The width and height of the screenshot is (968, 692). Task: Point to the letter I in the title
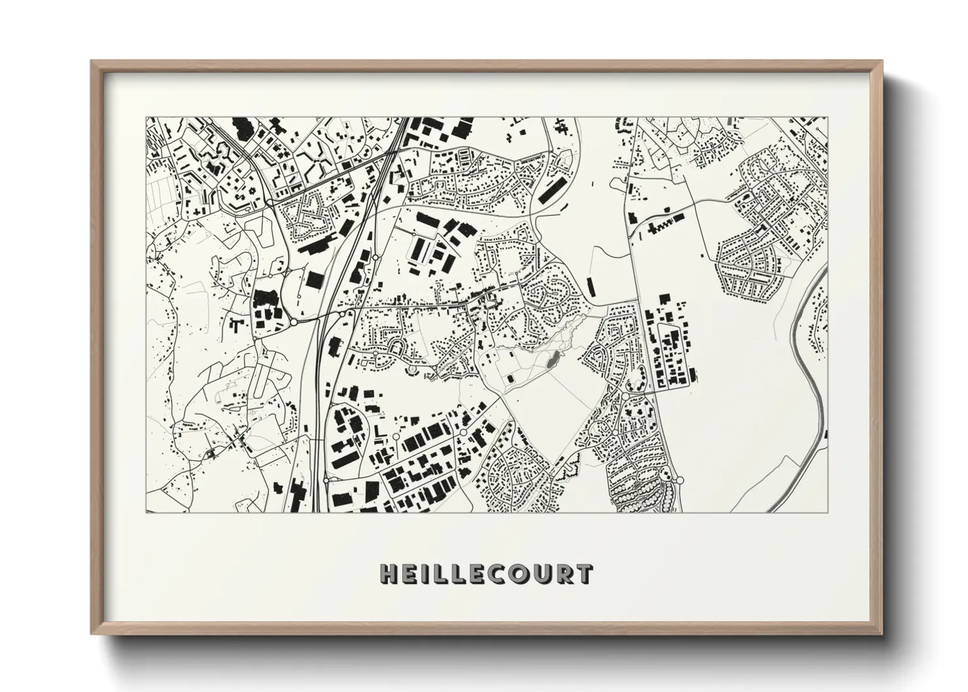(x=426, y=574)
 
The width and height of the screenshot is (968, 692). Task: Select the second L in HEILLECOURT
(x=459, y=574)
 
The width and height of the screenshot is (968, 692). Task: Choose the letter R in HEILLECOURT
(x=566, y=574)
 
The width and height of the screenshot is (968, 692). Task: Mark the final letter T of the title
(x=584, y=574)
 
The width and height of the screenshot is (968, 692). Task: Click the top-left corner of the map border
(x=146, y=118)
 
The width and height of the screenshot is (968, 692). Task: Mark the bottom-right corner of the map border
(x=827, y=512)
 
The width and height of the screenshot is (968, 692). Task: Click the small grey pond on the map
(x=553, y=358)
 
